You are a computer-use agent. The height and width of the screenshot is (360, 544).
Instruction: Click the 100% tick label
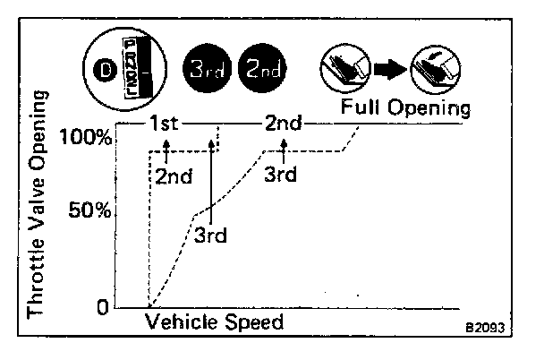point(88,137)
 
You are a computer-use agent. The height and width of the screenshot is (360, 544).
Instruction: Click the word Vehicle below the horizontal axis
point(181,321)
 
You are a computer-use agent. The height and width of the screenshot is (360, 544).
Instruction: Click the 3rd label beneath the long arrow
point(211,236)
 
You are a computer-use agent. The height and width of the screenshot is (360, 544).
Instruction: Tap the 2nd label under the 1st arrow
point(174,176)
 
